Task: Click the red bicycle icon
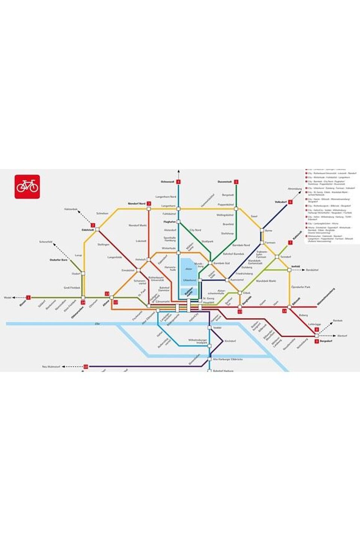pyautogui.click(x=27, y=187)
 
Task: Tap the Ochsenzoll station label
pyautogui.click(x=167, y=182)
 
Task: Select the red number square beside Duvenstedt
pyautogui.click(x=236, y=182)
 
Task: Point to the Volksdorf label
pyautogui.click(x=280, y=202)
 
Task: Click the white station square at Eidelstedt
pyautogui.click(x=97, y=229)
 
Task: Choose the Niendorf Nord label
pyautogui.click(x=137, y=204)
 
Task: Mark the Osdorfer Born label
pyautogui.click(x=59, y=260)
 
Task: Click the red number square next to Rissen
pyautogui.click(x=28, y=297)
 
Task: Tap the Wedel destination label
pyautogui.click(x=8, y=297)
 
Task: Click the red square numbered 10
pyautogui.click(x=86, y=366)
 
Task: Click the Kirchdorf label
pyautogui.click(x=230, y=341)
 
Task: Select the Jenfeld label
pyautogui.click(x=296, y=267)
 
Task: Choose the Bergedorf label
pyautogui.click(x=327, y=342)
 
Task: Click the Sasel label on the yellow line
pyautogui.click(x=254, y=217)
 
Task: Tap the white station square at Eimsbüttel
pyautogui.click(x=139, y=270)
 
